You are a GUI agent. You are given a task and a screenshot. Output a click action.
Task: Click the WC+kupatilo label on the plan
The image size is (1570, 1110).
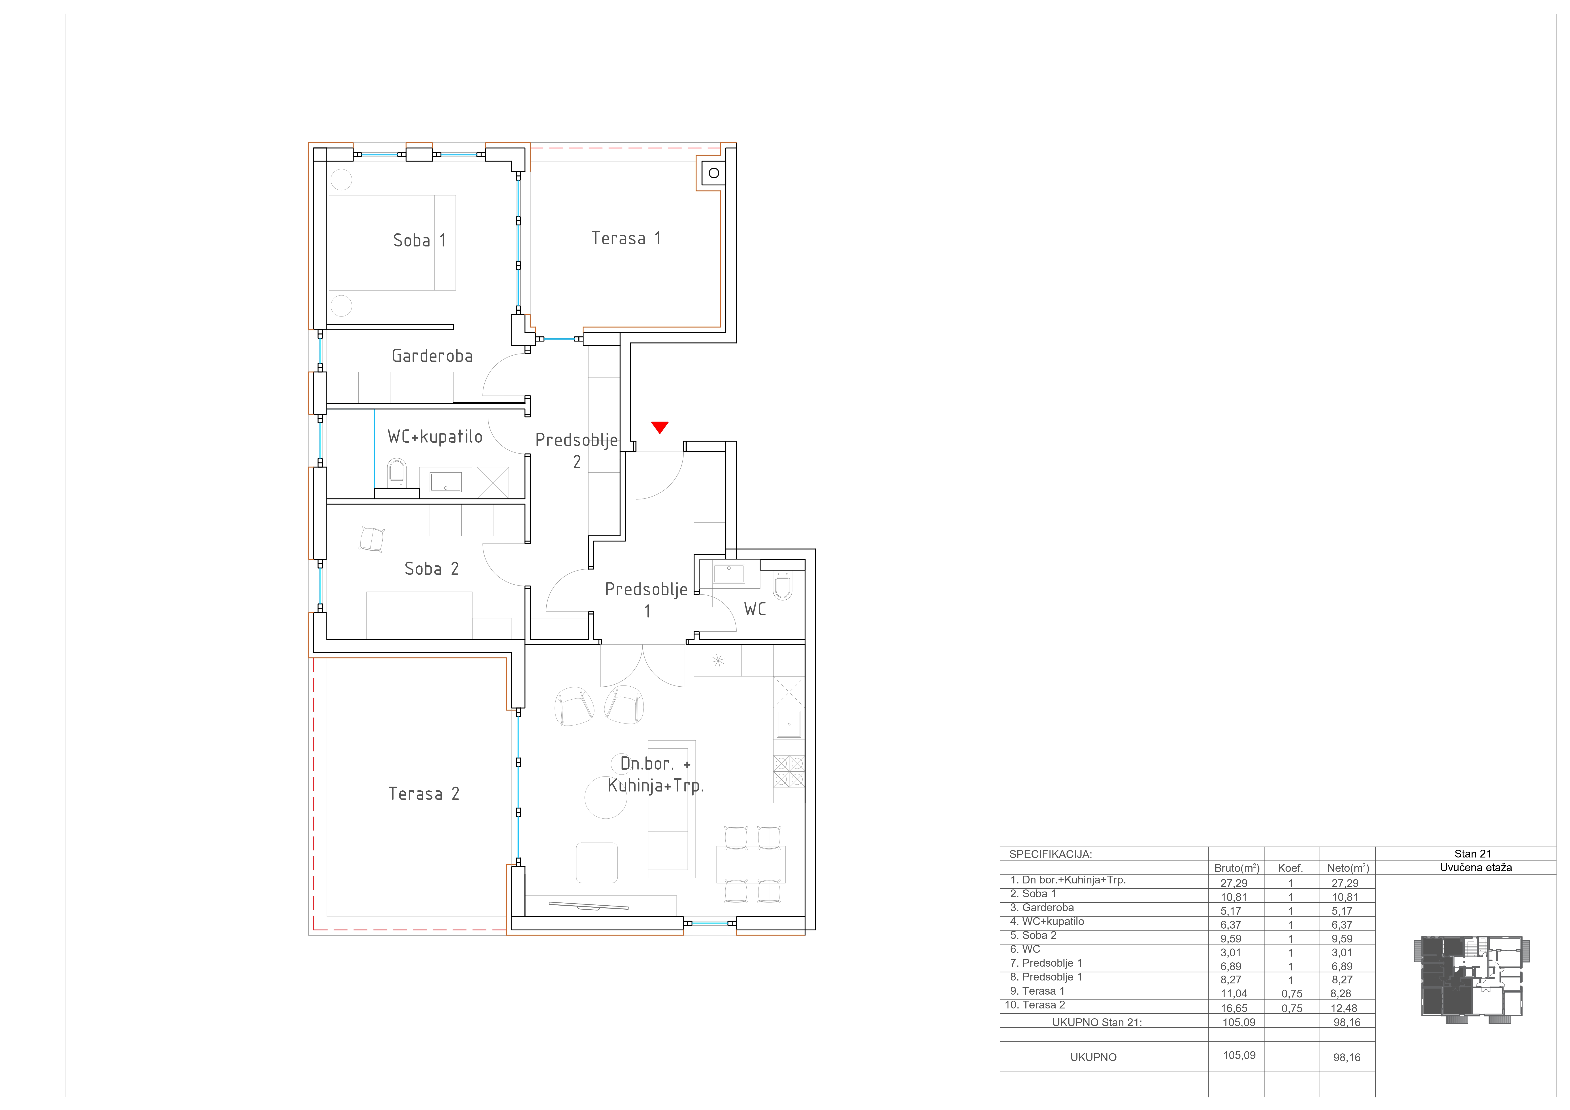coord(435,437)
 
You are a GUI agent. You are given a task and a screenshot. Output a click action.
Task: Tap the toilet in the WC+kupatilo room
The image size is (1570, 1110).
coord(397,473)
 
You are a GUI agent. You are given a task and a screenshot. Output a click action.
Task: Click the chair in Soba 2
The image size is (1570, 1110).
coord(372,539)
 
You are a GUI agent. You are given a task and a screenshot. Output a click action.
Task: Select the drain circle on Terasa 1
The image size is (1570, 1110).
coord(714,173)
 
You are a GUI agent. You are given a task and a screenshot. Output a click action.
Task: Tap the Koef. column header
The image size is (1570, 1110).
coord(1290,868)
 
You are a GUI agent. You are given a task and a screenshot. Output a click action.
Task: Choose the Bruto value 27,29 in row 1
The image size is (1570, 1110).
coord(1233,883)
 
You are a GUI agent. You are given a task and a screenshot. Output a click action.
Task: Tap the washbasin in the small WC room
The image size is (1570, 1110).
coord(729,573)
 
